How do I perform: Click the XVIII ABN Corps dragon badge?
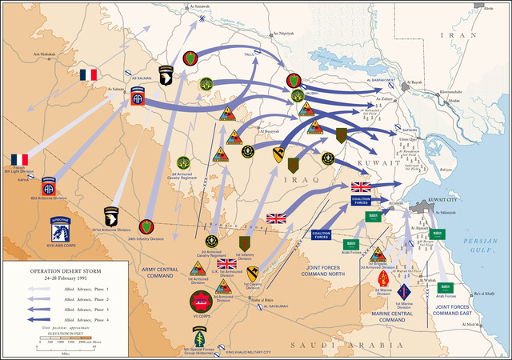click(x=61, y=230)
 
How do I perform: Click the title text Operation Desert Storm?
click(x=60, y=270)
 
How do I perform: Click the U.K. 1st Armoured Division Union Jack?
click(x=227, y=263)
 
